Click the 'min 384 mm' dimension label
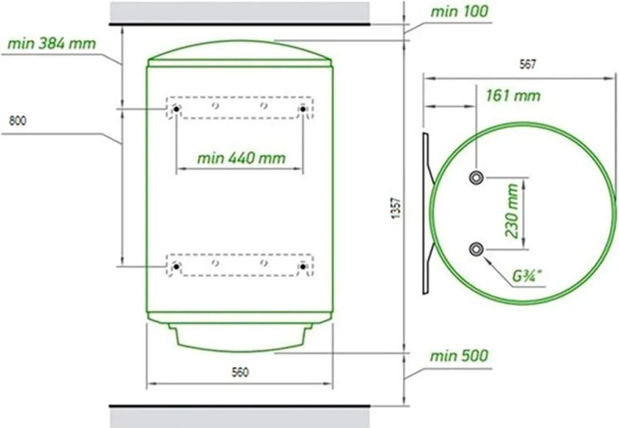point(52,43)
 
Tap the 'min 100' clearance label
point(459,11)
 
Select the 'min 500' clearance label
point(459,356)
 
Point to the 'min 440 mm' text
point(241,159)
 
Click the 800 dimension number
point(18,120)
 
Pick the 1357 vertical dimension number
point(396,209)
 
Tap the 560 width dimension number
point(240,372)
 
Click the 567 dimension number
point(528,65)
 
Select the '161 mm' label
point(513,95)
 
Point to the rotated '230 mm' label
point(512,211)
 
